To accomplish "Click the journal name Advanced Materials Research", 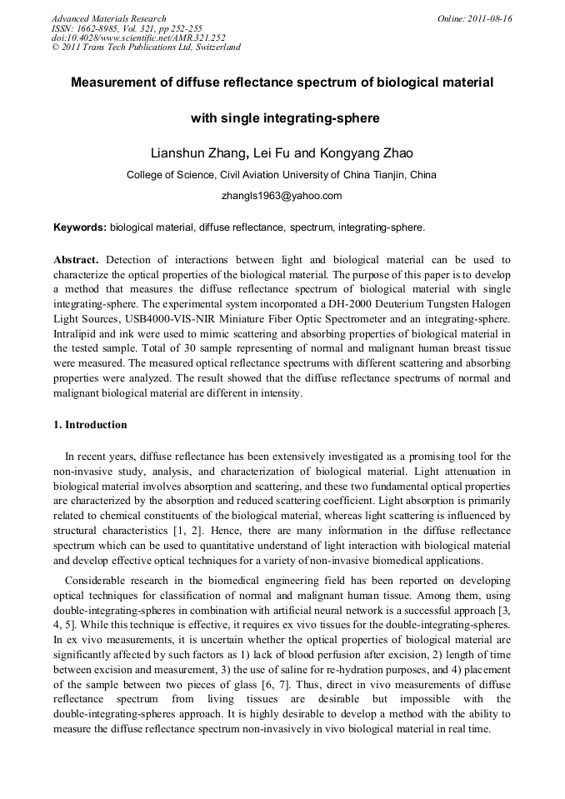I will click(x=108, y=18).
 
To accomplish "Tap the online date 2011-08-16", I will click(x=491, y=18).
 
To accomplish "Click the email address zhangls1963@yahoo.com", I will click(x=282, y=196).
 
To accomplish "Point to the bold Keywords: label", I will click(x=80, y=227).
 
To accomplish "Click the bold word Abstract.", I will click(x=75, y=260).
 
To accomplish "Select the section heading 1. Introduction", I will click(x=90, y=425).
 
